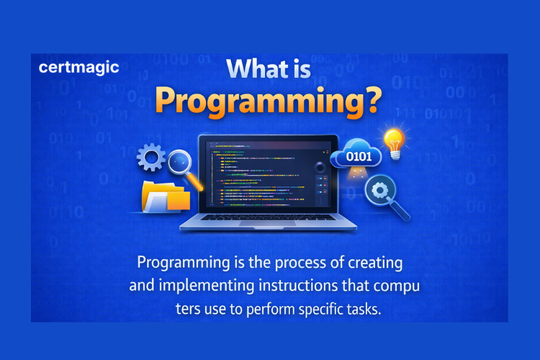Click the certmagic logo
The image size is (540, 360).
pos(79,69)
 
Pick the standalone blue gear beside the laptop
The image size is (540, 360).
pos(151,156)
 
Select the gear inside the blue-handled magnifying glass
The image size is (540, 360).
pos(379,191)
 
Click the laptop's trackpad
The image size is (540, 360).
pos(267,225)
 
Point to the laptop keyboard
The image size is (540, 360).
pos(267,217)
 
